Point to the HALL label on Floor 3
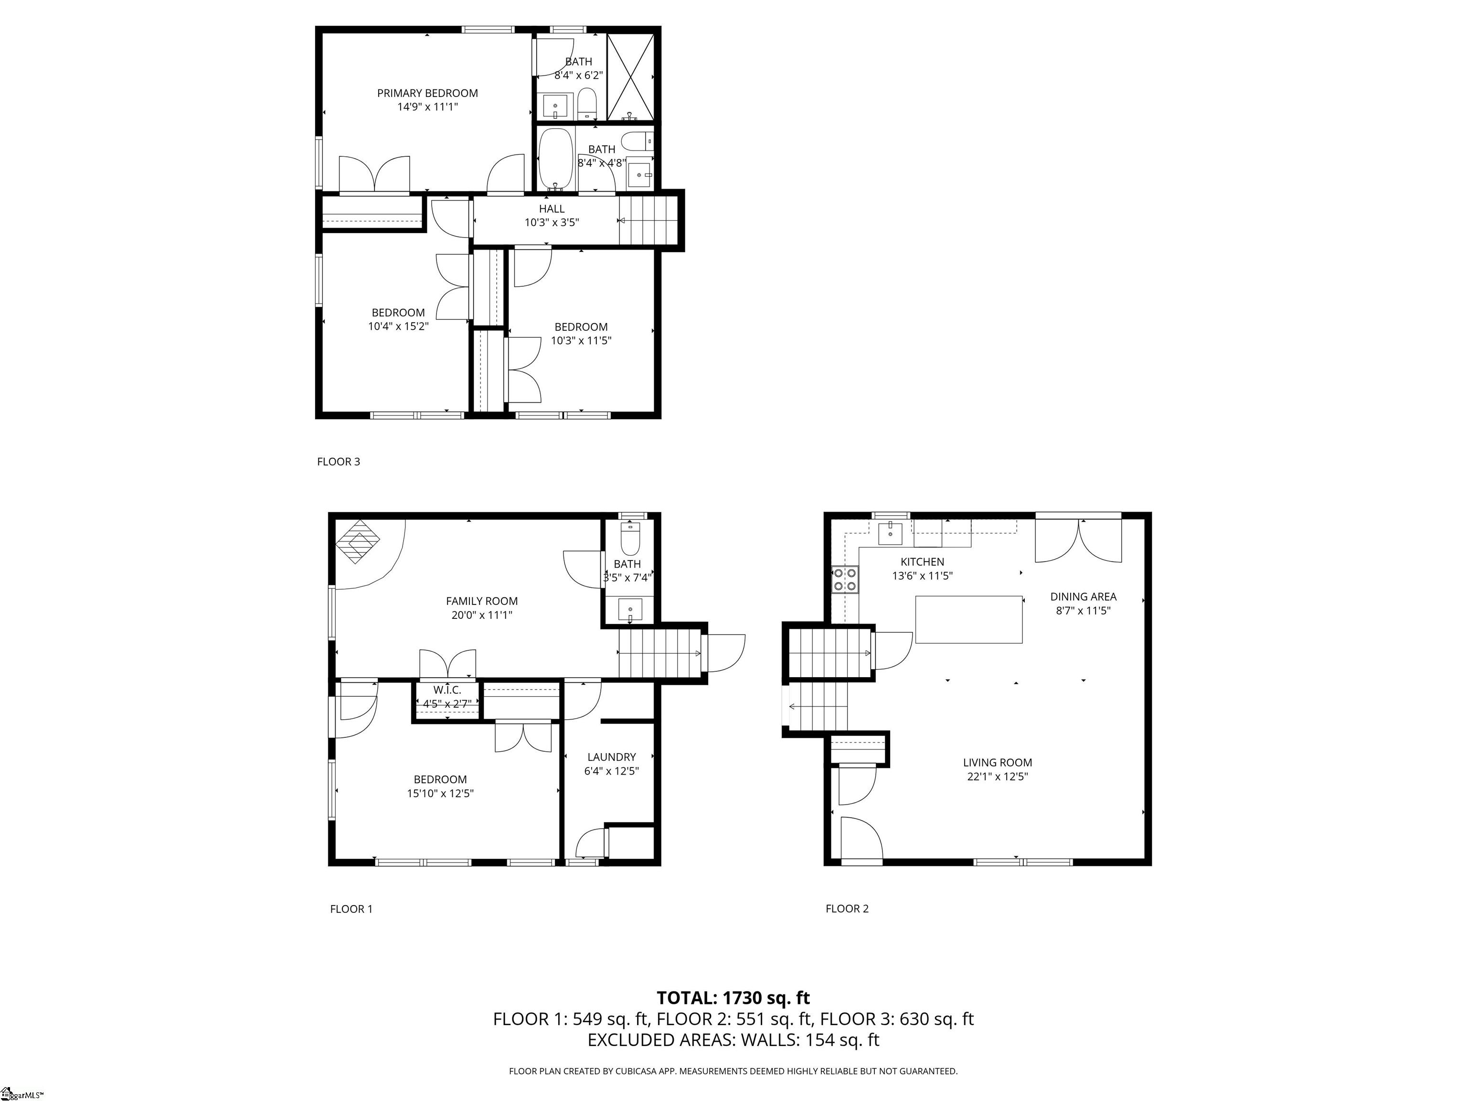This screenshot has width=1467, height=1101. [x=552, y=209]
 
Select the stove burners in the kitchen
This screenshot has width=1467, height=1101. [x=845, y=579]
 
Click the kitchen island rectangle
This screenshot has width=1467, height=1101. [x=968, y=619]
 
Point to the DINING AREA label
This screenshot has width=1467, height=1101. [x=1083, y=597]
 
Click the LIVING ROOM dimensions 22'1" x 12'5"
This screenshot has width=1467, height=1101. [x=998, y=777]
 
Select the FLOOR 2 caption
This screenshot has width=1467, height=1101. [x=847, y=908]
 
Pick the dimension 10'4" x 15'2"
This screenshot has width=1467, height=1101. [x=399, y=326]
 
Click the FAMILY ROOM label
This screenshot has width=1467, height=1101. [x=481, y=601]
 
